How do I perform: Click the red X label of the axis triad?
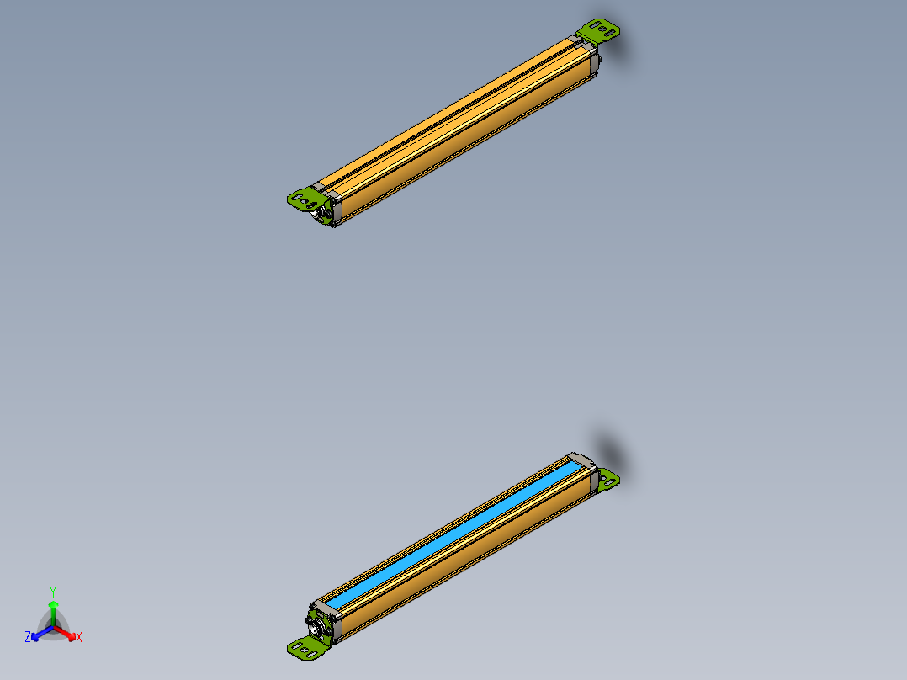pyautogui.click(x=79, y=638)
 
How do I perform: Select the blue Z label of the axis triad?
pyautogui.click(x=28, y=638)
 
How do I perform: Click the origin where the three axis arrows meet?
pyautogui.click(x=53, y=626)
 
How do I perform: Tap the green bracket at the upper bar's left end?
pyautogui.click(x=304, y=199)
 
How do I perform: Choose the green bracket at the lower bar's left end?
pyautogui.click(x=307, y=647)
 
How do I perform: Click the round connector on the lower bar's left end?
pyautogui.click(x=318, y=627)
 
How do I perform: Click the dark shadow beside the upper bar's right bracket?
pyautogui.click(x=626, y=50)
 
